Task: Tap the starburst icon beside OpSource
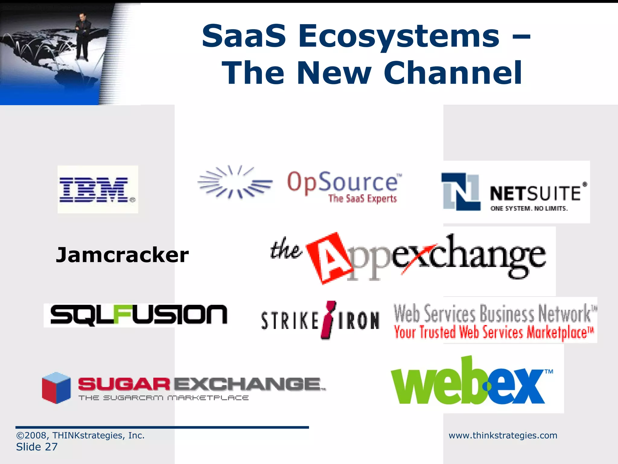coord(234,182)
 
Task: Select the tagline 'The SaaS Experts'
coord(362,199)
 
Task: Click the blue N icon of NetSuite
coord(460,192)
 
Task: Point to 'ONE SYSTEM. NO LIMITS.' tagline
coord(529,208)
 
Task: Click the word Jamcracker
coord(122,255)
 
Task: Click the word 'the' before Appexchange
coord(285,250)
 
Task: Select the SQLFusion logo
coord(139,315)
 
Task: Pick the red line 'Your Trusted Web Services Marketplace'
coord(494,332)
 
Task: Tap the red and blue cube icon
coord(56,388)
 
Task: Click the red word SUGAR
coord(124,385)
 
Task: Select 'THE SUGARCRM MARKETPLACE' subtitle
coord(164,398)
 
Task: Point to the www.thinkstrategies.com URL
coord(503,435)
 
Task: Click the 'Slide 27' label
coord(37,447)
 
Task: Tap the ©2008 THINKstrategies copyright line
coord(80,435)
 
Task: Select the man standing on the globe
coord(82,36)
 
